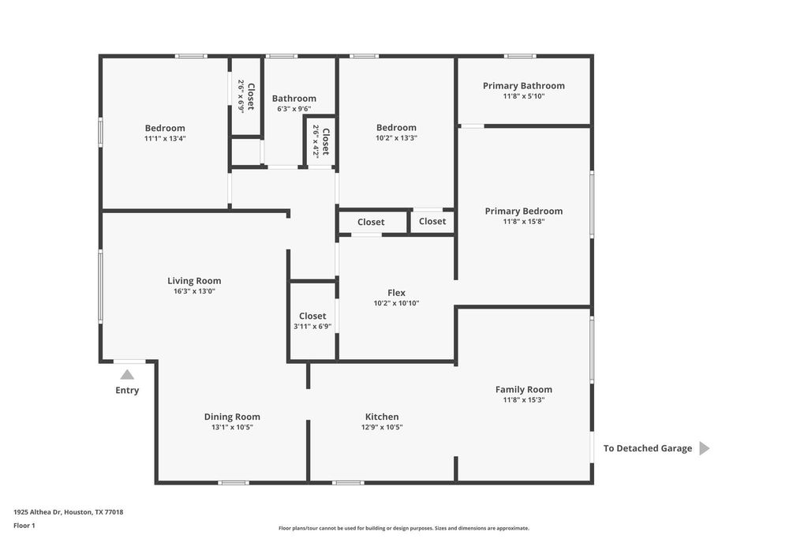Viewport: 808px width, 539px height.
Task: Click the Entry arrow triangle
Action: click(x=127, y=375)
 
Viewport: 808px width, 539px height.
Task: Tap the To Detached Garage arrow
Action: click(x=705, y=448)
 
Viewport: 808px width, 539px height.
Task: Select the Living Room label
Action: click(x=194, y=281)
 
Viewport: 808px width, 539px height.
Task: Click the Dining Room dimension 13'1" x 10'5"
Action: click(x=233, y=427)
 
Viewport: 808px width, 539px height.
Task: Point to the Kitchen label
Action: click(x=382, y=417)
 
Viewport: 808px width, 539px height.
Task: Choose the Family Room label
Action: click(x=524, y=390)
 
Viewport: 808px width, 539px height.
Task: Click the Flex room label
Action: click(x=396, y=293)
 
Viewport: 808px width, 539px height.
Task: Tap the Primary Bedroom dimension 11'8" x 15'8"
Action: click(x=524, y=222)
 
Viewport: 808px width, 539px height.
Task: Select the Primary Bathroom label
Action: click(x=524, y=86)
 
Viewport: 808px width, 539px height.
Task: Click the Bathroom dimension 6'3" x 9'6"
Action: click(x=294, y=109)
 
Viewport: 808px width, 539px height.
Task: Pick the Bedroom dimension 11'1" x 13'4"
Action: click(x=165, y=139)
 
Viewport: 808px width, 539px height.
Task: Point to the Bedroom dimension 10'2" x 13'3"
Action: click(x=396, y=138)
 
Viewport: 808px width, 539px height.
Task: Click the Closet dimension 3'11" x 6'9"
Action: click(x=312, y=327)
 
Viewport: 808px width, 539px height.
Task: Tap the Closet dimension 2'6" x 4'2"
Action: click(x=316, y=141)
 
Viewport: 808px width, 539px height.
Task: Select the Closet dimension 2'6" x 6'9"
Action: click(x=241, y=95)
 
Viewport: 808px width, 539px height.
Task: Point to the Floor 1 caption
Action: click(x=24, y=526)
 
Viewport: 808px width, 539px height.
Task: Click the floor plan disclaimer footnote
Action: click(x=404, y=528)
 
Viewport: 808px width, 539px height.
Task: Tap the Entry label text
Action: click(x=127, y=390)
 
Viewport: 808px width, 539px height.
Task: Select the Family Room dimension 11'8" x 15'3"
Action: click(x=524, y=400)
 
